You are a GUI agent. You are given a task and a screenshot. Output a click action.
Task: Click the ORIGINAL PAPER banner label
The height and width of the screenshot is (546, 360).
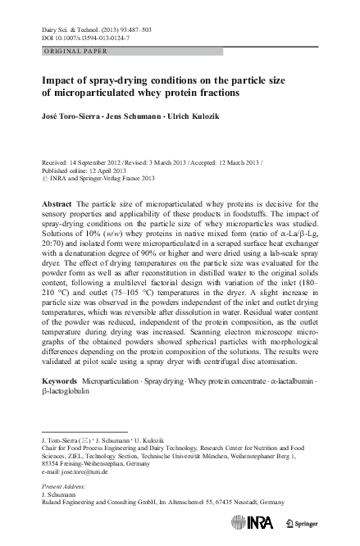(x=73, y=52)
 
